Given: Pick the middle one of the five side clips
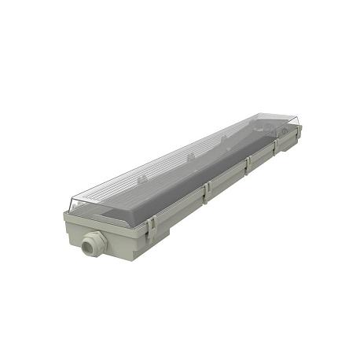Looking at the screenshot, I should point(248,163).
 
